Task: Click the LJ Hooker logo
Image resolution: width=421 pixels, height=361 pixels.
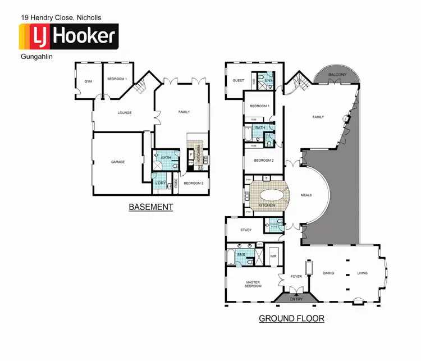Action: point(69,37)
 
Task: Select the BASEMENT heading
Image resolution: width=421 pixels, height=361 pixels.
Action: point(151,207)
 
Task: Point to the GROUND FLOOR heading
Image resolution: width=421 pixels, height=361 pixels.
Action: point(291,318)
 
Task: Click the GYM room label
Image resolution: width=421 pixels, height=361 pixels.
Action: point(88,81)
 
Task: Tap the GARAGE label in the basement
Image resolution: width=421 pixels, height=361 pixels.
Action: point(117,162)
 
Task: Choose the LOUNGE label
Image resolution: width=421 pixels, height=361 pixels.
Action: point(124,113)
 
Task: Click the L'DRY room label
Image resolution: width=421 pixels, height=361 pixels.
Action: point(160,183)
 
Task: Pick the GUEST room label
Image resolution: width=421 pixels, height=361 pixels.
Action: point(238,81)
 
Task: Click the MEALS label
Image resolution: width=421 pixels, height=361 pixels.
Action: point(306,195)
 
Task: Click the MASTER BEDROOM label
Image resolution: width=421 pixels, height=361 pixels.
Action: point(253,284)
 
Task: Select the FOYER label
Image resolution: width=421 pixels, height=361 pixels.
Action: point(296,276)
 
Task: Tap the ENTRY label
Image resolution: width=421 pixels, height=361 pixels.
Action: point(296,299)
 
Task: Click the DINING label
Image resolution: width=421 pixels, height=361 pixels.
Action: point(329,273)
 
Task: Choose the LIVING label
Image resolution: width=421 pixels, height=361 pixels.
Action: point(362,273)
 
